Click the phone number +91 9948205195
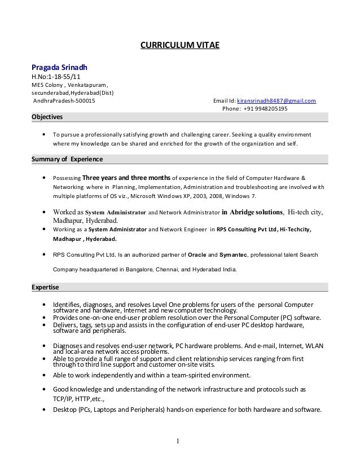coord(266,109)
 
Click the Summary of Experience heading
coord(67,159)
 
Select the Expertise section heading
coord(45,287)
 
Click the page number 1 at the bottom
coord(180,441)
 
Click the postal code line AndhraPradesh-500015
coord(64,101)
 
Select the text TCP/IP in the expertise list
coord(63,397)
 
